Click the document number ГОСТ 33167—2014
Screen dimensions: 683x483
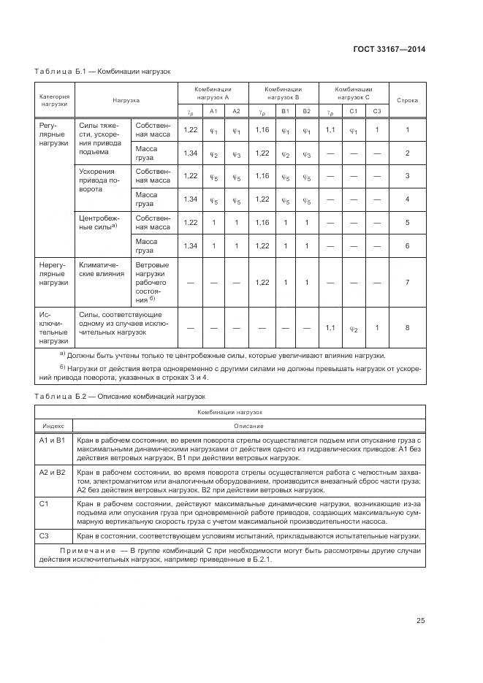click(391, 50)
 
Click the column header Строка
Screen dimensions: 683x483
click(407, 99)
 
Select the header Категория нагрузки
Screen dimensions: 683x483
click(54, 99)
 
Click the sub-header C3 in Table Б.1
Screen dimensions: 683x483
click(376, 111)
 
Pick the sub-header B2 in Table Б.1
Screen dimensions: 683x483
click(306, 111)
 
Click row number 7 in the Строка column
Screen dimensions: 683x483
click(407, 281)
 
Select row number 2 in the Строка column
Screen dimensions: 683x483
click(407, 153)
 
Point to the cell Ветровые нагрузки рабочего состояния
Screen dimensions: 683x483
click(152, 281)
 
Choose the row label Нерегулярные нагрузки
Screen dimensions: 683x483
click(54, 272)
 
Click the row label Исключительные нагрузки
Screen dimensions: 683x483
click(54, 326)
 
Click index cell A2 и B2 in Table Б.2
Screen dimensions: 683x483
click(52, 473)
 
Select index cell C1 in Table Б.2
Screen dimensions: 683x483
click(43, 504)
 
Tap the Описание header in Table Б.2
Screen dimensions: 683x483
click(248, 425)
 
